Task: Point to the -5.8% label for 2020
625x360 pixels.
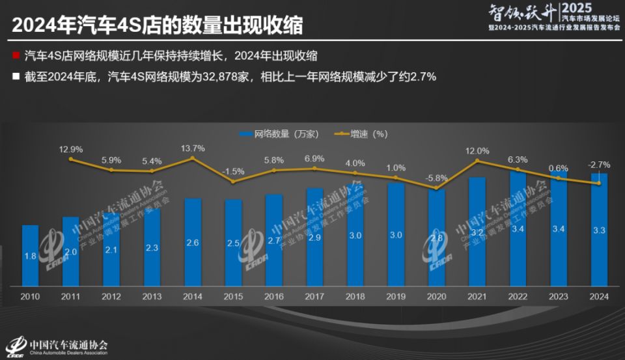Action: point(436,178)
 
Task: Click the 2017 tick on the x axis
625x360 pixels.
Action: point(314,298)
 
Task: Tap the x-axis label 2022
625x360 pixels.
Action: point(518,298)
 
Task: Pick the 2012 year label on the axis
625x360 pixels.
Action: point(111,298)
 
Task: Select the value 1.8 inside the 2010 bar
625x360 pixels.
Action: point(30,256)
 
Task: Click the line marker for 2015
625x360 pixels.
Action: point(233,182)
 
